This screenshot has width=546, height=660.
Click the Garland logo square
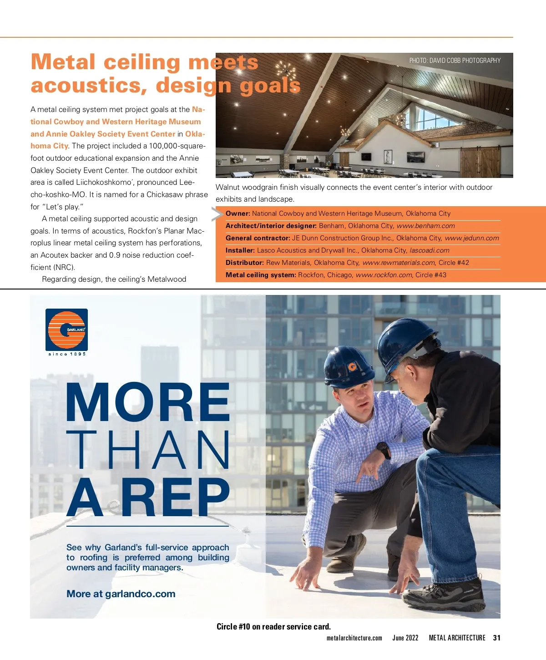(x=66, y=329)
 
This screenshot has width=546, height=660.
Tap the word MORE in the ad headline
(x=148, y=403)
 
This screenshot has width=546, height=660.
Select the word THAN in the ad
(x=148, y=450)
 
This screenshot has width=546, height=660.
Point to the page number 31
(x=496, y=638)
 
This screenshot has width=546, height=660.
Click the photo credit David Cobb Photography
(x=455, y=61)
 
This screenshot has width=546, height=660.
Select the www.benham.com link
(x=425, y=226)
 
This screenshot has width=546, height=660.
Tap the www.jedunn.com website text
(x=471, y=238)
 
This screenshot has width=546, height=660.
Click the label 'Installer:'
(x=240, y=250)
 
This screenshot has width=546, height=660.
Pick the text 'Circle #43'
(x=431, y=275)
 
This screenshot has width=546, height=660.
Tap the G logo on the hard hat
(x=352, y=366)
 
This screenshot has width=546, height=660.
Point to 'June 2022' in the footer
(x=405, y=638)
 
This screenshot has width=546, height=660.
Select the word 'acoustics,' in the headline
(x=89, y=86)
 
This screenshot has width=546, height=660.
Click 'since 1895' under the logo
(x=67, y=354)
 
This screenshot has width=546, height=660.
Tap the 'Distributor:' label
(x=245, y=263)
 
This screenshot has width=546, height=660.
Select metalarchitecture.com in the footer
(x=354, y=638)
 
